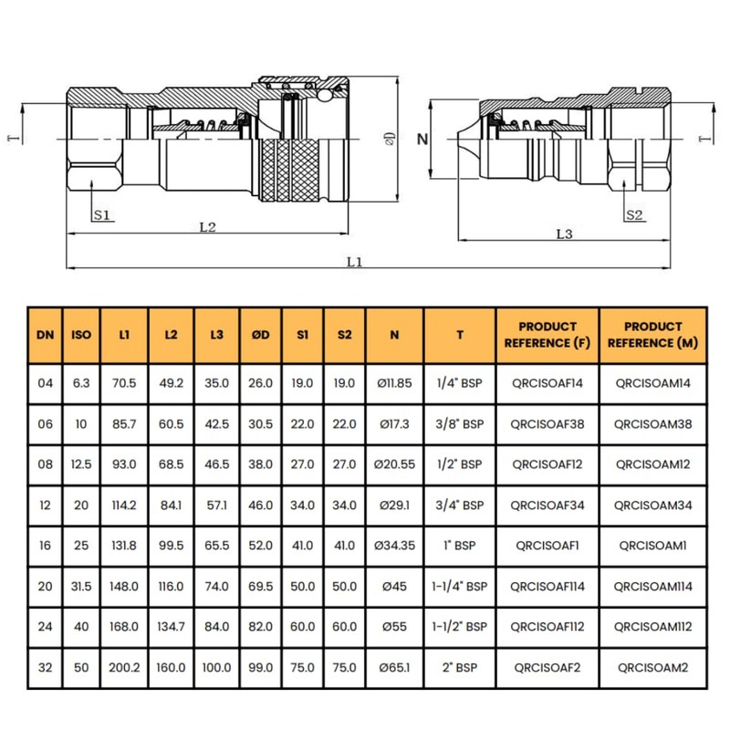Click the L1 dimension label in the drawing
[355, 261]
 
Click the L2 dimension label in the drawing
[207, 227]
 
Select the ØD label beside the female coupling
[390, 139]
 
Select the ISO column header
[81, 335]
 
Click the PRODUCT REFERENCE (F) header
[547, 335]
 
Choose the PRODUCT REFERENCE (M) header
[652, 335]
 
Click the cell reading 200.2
[124, 668]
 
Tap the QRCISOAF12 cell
[547, 464]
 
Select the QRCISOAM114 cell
[652, 585]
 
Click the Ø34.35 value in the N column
[395, 545]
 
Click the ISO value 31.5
[81, 585]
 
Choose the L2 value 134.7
[171, 626]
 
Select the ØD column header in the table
[261, 335]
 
